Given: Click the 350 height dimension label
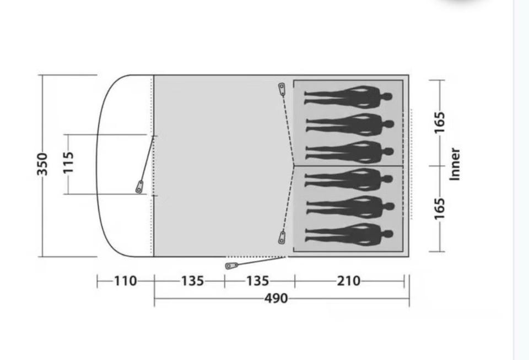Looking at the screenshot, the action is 42,164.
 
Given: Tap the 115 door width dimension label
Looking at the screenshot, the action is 68,163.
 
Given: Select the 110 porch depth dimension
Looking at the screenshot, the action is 126,281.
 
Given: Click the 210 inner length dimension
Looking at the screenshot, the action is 348,281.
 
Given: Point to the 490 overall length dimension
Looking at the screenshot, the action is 276,298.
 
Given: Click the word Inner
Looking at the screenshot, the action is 455,164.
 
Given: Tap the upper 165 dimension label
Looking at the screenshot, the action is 440,122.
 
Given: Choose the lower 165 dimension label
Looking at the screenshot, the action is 440,208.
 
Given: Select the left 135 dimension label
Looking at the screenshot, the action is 193,281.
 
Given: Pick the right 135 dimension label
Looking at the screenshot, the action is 258,281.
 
